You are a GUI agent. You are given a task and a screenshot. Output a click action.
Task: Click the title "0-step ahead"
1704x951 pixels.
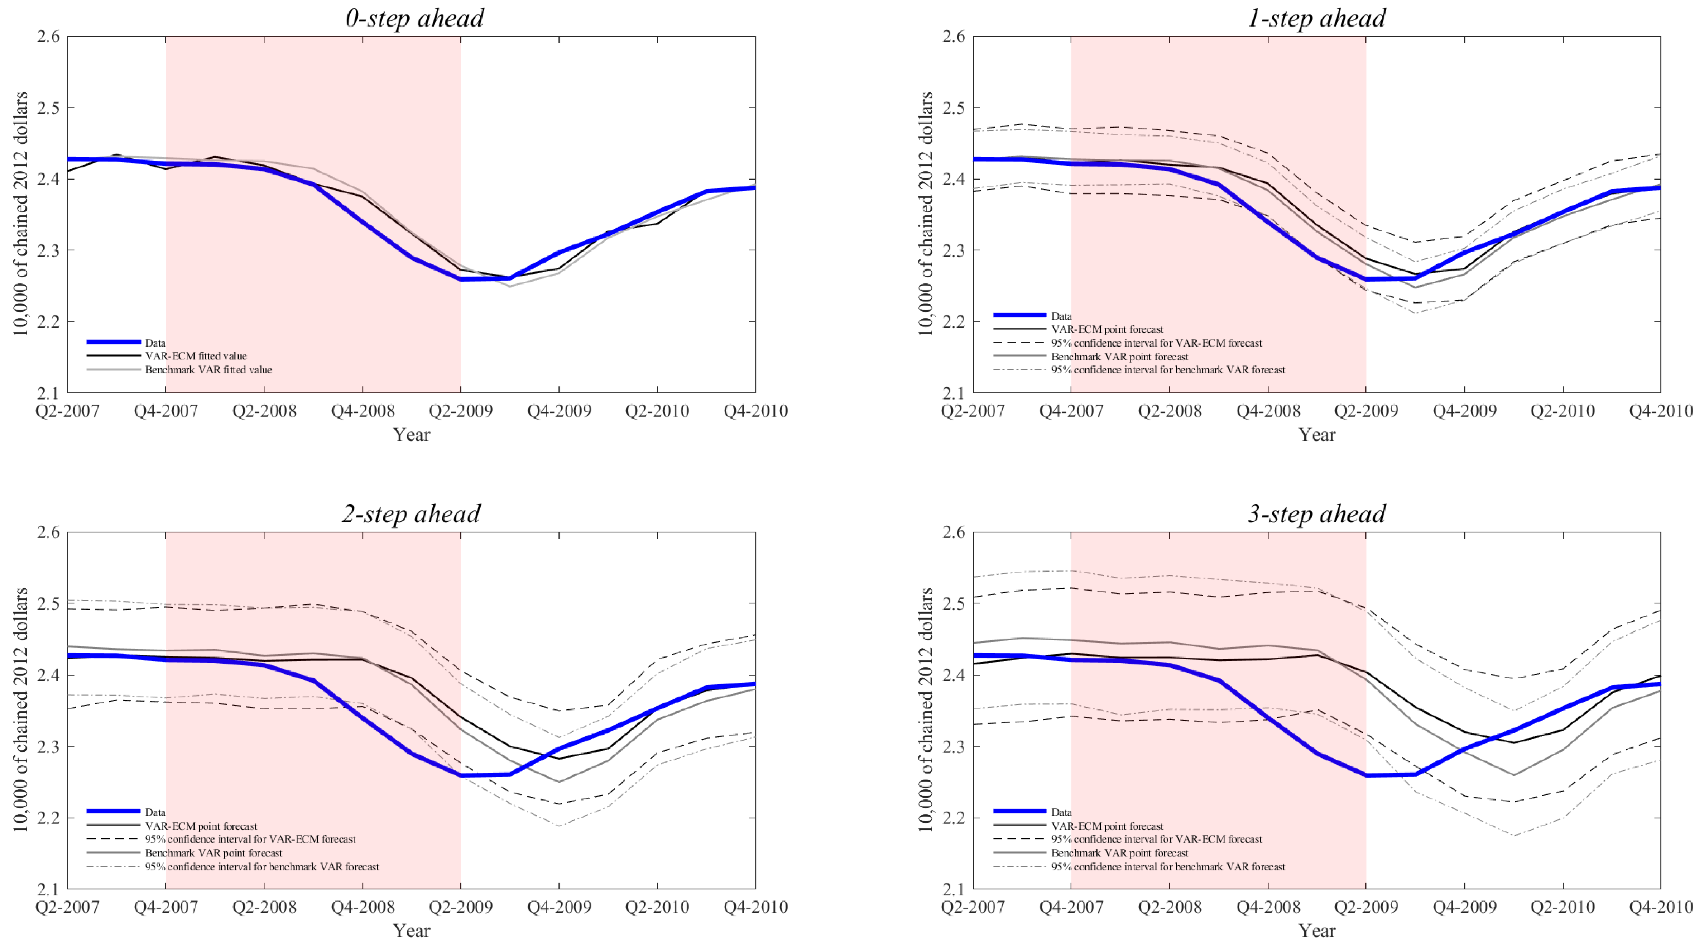414,18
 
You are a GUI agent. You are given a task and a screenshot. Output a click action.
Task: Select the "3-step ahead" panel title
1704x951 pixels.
1316,514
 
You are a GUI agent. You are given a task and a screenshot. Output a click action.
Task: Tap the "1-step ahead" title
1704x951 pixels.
1316,18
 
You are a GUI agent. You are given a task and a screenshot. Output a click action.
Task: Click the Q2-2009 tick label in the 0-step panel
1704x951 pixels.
461,411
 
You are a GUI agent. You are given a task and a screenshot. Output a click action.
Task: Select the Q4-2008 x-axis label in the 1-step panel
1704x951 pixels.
1268,411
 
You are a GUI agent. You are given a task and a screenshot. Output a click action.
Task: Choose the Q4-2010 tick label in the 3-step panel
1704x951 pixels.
1660,907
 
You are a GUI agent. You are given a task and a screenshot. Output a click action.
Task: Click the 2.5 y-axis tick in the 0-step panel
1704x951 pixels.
48,107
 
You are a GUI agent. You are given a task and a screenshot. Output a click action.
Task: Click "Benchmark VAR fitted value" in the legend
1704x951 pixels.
208,370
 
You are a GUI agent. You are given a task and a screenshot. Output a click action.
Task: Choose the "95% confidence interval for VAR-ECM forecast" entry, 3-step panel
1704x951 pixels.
1156,839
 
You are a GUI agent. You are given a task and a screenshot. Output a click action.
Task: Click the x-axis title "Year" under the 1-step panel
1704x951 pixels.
1316,435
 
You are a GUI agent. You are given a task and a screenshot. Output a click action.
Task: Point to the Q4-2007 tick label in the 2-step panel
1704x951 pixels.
166,907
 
